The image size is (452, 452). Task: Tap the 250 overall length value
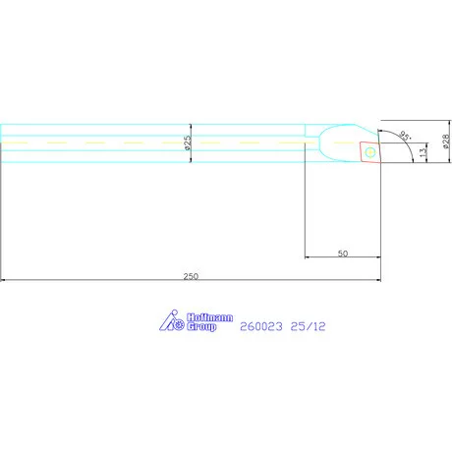pyautogui.click(x=190, y=276)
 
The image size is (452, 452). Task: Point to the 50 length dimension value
pyautogui.click(x=343, y=254)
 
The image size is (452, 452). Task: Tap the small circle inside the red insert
pyautogui.click(x=370, y=152)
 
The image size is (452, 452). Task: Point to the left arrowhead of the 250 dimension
pyautogui.click(x=4, y=282)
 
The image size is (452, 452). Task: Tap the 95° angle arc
pyautogui.click(x=405, y=144)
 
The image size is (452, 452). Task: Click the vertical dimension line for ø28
pyautogui.click(x=437, y=143)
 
